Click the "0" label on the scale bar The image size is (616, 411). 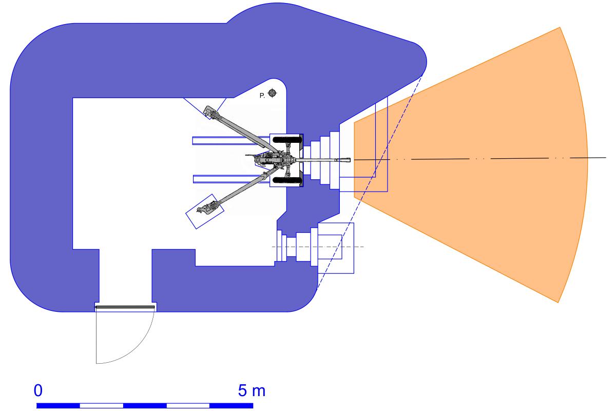point(38,390)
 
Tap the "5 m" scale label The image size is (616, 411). point(252,390)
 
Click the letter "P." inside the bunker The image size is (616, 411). point(262,96)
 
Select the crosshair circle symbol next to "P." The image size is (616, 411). point(272,93)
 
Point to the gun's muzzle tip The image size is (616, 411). point(350,160)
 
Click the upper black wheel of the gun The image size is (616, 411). point(287,140)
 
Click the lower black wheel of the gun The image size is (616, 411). point(287,180)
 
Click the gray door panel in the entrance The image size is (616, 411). point(125,307)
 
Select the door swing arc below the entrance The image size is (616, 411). point(125,338)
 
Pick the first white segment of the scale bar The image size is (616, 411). point(102,405)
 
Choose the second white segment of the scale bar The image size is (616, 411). point(188,405)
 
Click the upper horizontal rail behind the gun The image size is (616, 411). point(231,140)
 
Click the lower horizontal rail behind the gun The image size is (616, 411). point(231,179)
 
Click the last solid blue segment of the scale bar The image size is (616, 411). point(232,405)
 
